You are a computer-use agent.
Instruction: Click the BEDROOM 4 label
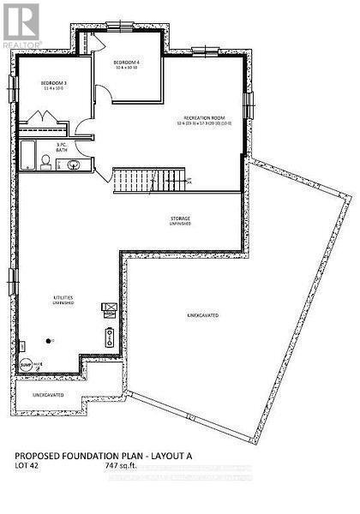128,63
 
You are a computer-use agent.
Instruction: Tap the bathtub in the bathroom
28,156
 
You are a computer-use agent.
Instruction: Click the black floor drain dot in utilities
50,340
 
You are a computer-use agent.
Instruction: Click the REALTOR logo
20,24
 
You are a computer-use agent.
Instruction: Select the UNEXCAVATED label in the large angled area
202,316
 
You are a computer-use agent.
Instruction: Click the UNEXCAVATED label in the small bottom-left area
48,395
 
